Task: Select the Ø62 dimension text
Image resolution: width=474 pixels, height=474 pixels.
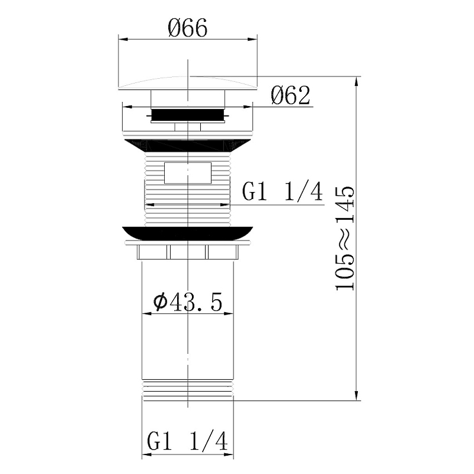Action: point(290,95)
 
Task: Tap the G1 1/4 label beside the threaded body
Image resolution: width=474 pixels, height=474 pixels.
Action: point(283,191)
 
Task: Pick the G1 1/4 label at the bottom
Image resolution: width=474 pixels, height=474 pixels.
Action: point(188,441)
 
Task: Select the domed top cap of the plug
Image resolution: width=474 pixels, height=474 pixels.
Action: point(188,83)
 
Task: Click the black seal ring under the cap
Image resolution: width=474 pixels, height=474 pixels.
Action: point(188,114)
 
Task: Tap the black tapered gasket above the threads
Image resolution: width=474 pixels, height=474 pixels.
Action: point(188,145)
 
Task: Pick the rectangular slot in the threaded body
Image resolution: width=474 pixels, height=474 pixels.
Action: point(188,172)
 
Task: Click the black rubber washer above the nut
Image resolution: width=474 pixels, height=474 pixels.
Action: point(188,232)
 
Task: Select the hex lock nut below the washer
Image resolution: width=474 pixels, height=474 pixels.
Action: point(188,252)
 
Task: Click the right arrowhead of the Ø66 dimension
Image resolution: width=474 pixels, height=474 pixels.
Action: point(255,40)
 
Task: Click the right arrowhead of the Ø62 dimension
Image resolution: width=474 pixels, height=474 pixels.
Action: point(250,107)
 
